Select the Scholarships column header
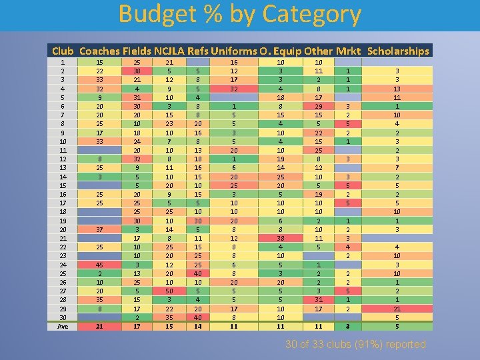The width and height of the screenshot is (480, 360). pyautogui.click(x=398, y=51)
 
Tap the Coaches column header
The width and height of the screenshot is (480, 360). pyautogui.click(x=99, y=51)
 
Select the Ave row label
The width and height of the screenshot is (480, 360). pyautogui.click(x=63, y=326)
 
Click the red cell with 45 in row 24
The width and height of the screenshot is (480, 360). pyautogui.click(x=99, y=265)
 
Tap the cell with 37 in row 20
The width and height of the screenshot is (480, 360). pyautogui.click(x=99, y=230)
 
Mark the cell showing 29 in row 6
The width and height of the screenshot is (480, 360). pyautogui.click(x=319, y=105)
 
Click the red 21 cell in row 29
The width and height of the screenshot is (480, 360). pyautogui.click(x=398, y=309)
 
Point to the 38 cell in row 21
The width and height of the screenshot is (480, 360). pyautogui.click(x=282, y=239)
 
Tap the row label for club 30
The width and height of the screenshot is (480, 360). pyautogui.click(x=63, y=317)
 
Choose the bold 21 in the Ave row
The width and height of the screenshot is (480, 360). pyautogui.click(x=99, y=326)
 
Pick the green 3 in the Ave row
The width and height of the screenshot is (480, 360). pyautogui.click(x=347, y=326)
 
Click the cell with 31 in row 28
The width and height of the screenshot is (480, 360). pyautogui.click(x=319, y=299)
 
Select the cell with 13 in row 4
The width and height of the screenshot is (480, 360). pyautogui.click(x=398, y=88)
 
